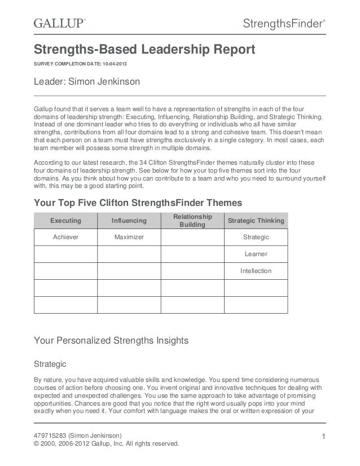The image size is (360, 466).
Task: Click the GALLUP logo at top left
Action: (59, 23)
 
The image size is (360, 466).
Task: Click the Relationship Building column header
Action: (192, 221)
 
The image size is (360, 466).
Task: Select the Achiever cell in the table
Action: (66, 238)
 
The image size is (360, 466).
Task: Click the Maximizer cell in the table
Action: (129, 238)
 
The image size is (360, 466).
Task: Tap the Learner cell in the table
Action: (256, 254)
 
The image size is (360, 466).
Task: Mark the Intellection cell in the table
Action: (256, 271)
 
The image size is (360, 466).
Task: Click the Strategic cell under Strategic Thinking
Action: (256, 238)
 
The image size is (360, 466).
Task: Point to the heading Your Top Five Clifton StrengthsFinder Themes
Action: (138, 203)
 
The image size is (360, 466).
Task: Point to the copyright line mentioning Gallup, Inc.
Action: (106, 443)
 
